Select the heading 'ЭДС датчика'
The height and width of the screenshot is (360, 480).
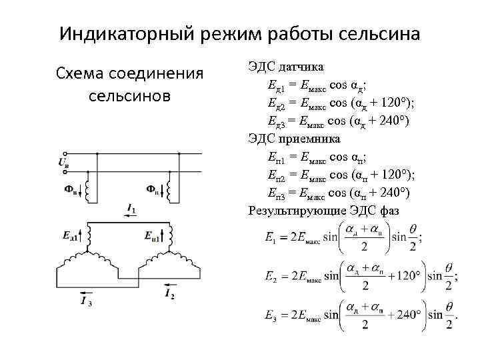[286, 68]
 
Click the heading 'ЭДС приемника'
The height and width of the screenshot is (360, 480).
[294, 139]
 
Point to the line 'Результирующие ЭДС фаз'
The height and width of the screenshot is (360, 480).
[323, 211]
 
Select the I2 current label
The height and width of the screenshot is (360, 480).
[169, 293]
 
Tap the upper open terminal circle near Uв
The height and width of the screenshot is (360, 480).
[62, 153]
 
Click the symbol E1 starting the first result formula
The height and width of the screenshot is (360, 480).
[271, 237]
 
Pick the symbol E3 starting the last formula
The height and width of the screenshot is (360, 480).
[271, 314]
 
